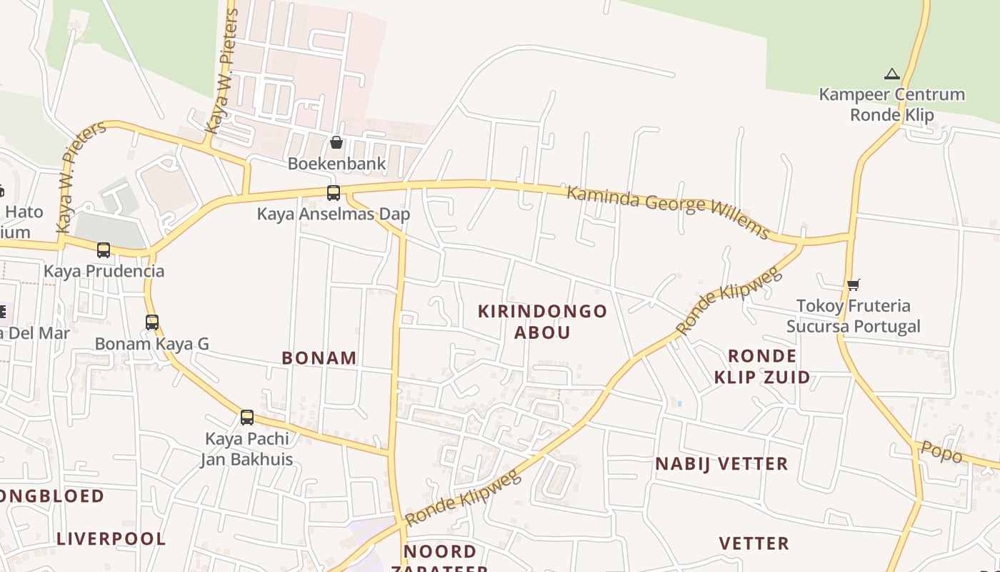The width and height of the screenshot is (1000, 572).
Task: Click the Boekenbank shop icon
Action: (336, 142)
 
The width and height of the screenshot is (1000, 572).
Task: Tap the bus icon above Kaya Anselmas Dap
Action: (334, 192)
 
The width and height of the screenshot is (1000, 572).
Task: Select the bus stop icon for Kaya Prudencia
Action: (104, 250)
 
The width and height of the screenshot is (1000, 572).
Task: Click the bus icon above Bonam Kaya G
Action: (152, 322)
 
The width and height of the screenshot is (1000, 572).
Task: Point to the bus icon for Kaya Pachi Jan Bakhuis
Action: (247, 417)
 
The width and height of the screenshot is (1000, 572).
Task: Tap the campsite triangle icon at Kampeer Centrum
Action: (891, 74)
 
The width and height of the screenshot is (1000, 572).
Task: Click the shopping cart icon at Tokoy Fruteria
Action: (853, 285)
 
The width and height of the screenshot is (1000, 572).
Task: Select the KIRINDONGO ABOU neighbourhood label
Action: (542, 322)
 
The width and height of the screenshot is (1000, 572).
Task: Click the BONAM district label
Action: (319, 358)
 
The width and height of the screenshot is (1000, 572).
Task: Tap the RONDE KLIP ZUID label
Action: (762, 366)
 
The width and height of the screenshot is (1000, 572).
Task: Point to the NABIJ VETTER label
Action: (721, 464)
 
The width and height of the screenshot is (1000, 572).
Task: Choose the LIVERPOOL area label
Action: (111, 539)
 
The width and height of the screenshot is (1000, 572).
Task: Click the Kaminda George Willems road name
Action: (669, 212)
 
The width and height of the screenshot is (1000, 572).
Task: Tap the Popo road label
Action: (941, 453)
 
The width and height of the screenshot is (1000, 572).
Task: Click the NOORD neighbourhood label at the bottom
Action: (440, 551)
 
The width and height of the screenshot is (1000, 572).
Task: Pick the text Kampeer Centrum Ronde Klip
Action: (891, 104)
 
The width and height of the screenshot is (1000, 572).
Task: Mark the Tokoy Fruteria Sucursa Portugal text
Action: (853, 316)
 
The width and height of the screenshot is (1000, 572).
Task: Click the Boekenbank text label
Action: (336, 164)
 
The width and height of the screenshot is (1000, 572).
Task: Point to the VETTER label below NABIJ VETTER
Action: (754, 543)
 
